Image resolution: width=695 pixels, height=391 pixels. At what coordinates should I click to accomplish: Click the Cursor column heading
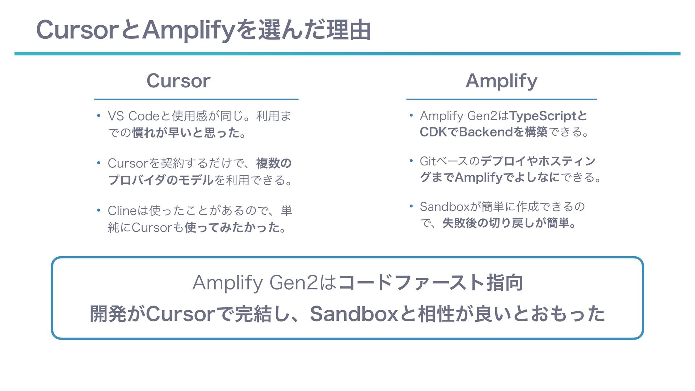(x=178, y=81)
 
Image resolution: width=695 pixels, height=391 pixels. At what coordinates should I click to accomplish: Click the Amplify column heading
(x=501, y=81)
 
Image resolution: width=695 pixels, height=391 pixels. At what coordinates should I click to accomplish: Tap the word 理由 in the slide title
(x=349, y=30)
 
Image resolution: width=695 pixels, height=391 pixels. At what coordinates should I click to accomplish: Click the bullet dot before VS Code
(x=98, y=116)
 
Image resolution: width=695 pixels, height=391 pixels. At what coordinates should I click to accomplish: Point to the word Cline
(x=122, y=210)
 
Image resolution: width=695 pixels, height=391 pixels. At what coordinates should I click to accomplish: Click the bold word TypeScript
(x=543, y=116)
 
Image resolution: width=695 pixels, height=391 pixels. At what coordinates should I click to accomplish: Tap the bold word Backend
(x=486, y=132)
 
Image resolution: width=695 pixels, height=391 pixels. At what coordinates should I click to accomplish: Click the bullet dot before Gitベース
(x=411, y=160)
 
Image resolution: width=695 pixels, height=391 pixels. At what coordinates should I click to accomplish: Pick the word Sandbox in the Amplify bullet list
(x=445, y=207)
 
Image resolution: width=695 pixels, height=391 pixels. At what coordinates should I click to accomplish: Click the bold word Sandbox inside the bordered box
(x=354, y=314)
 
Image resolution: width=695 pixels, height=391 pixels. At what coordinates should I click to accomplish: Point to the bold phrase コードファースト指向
(x=430, y=282)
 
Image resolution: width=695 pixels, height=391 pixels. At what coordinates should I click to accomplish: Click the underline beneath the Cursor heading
(x=196, y=99)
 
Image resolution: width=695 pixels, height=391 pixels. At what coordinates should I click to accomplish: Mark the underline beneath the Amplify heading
(x=501, y=99)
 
